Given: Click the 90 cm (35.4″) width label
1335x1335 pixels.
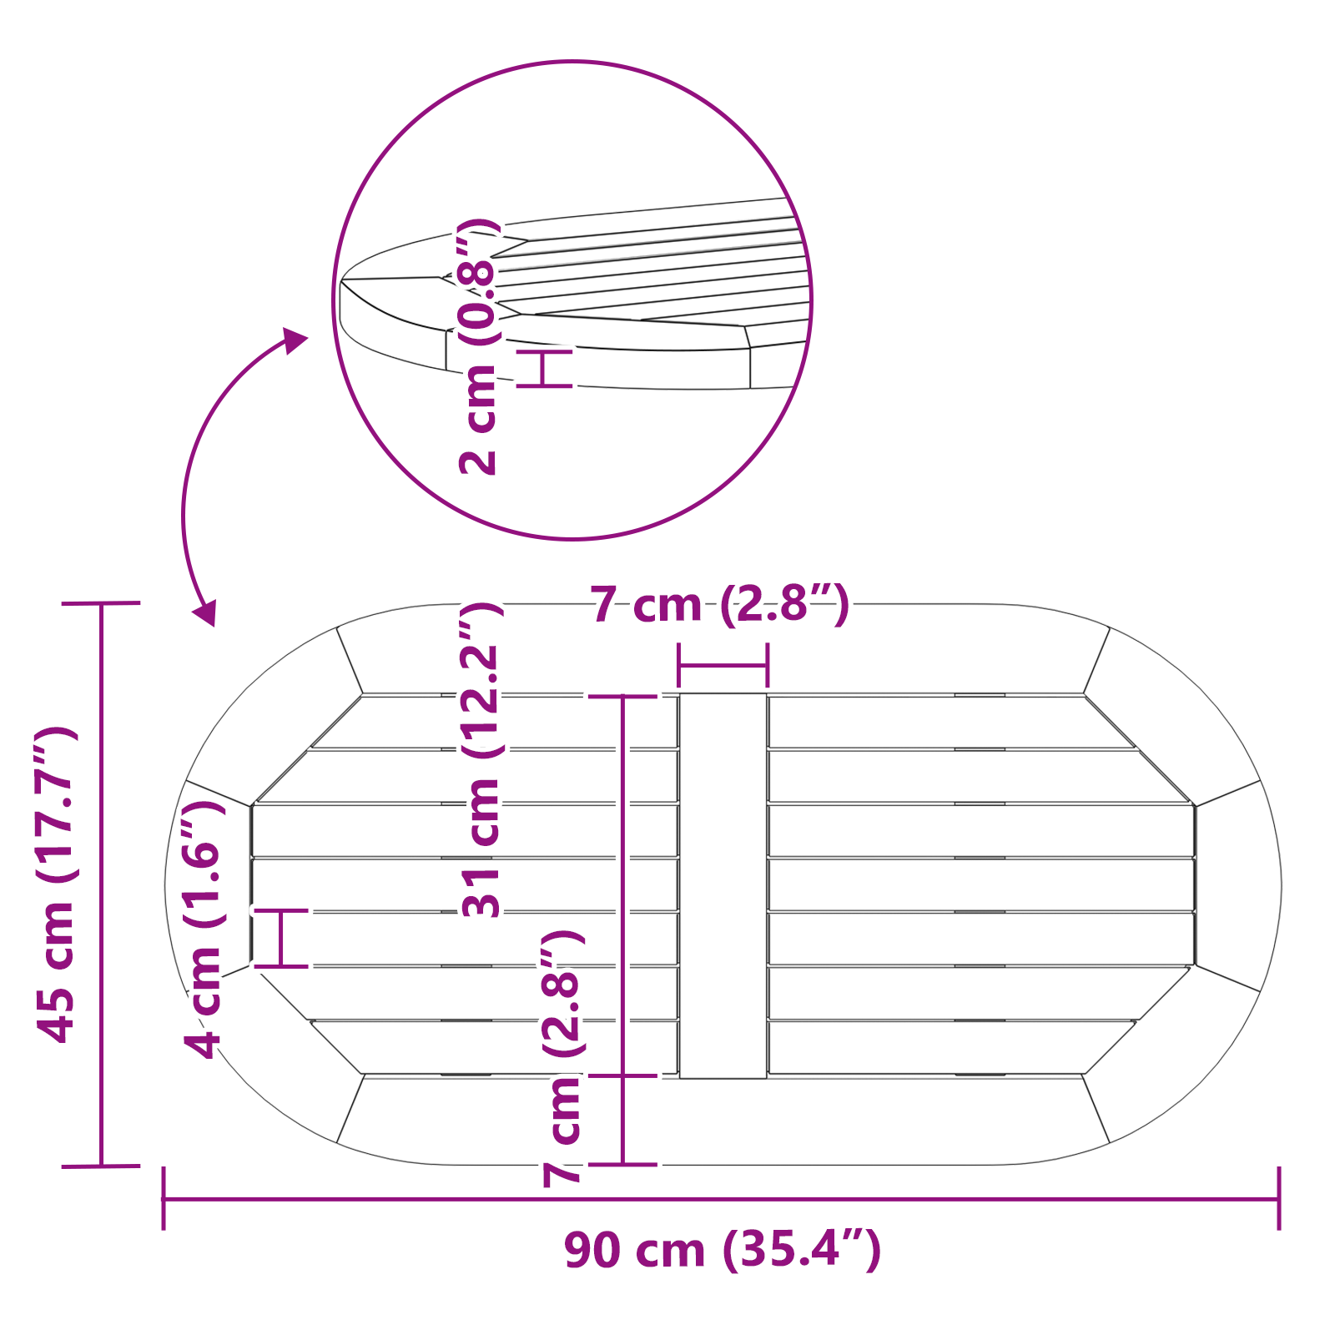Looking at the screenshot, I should [723, 1251].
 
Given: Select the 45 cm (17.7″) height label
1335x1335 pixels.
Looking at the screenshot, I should [57, 884].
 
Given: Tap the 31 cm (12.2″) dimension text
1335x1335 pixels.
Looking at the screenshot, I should [483, 759].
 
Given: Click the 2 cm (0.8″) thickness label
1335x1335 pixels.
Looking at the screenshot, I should [479, 346].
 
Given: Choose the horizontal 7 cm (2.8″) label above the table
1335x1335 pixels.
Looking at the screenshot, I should [719, 605].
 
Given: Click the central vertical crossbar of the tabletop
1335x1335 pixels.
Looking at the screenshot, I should [723, 884].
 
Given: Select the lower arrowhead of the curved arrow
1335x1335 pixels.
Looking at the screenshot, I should [205, 612].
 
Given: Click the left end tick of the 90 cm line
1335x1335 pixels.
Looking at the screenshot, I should [164, 1198].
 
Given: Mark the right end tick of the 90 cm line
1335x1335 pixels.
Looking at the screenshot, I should [1278, 1198].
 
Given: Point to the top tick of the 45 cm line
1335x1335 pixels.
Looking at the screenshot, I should [101, 602].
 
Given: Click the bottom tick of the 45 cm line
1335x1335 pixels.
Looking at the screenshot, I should [101, 1166].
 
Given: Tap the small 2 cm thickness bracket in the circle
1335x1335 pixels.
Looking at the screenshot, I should [544, 368].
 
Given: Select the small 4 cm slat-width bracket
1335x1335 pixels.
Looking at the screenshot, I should [281, 938].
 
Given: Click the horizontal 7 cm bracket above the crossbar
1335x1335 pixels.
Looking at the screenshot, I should [723, 665].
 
